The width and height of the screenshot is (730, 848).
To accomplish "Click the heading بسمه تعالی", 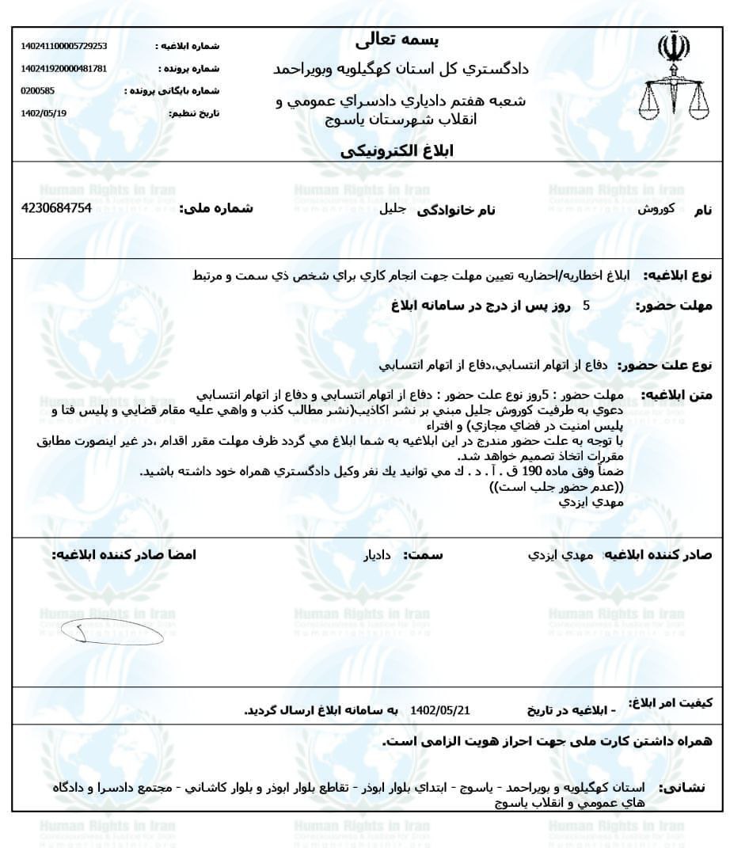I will click(405, 39).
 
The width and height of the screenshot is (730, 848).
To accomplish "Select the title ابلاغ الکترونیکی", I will click(403, 151).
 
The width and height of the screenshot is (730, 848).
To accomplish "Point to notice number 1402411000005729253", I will click(64, 47).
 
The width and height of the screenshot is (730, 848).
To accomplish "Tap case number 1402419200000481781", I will click(64, 69).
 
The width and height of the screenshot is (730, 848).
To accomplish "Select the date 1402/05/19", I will click(44, 113).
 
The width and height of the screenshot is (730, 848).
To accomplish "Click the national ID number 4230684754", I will click(56, 208).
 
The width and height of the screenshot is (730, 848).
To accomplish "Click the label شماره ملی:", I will click(216, 209).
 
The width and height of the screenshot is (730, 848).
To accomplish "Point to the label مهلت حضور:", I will click(674, 306).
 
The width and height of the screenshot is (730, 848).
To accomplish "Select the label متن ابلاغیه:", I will click(677, 394).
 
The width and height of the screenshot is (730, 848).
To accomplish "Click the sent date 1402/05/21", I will click(440, 710).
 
